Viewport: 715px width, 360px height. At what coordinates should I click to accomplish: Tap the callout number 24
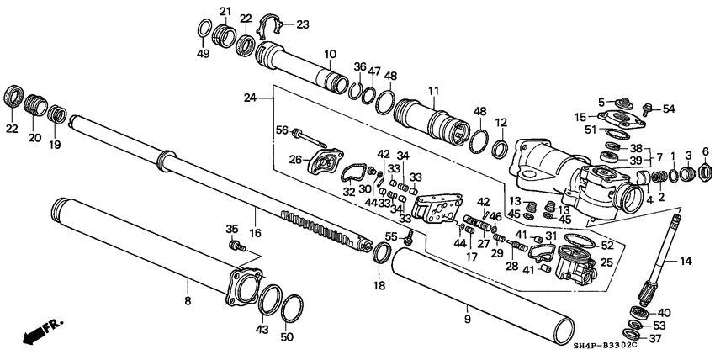tap(249, 98)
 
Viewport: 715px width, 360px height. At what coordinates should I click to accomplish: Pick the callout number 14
tap(686, 262)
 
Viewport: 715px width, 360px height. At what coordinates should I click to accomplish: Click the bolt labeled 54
tap(647, 108)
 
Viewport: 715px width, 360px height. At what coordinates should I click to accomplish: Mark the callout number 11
tap(433, 91)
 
